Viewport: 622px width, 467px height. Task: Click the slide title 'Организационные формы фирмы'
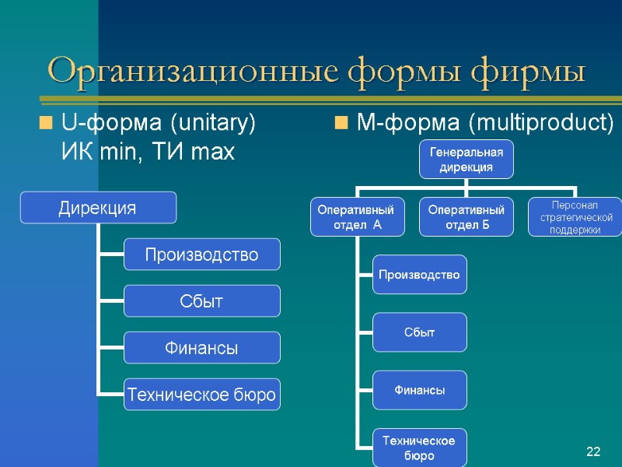point(316,72)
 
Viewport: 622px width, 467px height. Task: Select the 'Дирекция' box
point(98,208)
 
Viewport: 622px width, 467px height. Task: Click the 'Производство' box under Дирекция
point(202,255)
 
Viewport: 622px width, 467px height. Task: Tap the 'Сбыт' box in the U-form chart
point(202,301)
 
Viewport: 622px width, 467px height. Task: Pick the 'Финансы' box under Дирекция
point(202,348)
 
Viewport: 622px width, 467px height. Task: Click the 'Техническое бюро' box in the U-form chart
point(202,395)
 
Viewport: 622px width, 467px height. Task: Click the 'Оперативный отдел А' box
point(357,217)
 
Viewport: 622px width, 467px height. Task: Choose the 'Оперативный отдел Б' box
point(466,217)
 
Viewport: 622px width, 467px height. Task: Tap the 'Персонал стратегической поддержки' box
point(575,217)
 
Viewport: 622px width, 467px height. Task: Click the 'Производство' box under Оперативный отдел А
point(419,275)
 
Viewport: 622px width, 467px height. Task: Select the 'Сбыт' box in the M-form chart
point(419,332)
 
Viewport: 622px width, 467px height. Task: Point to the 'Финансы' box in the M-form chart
point(419,390)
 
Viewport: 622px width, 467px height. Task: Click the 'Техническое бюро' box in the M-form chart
point(419,448)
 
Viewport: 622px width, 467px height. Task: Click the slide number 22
point(594,452)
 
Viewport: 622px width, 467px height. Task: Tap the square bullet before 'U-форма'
point(46,123)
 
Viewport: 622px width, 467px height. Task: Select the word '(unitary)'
point(213,123)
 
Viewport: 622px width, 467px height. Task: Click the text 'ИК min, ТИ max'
point(148,152)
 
